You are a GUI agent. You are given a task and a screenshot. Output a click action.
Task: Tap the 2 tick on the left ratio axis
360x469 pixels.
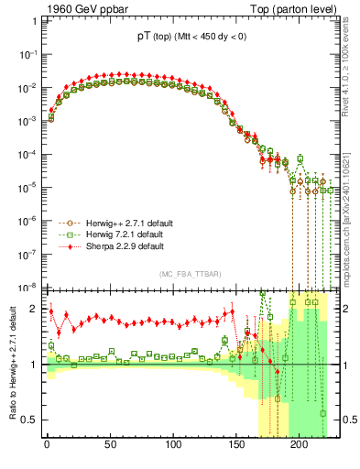34,309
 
